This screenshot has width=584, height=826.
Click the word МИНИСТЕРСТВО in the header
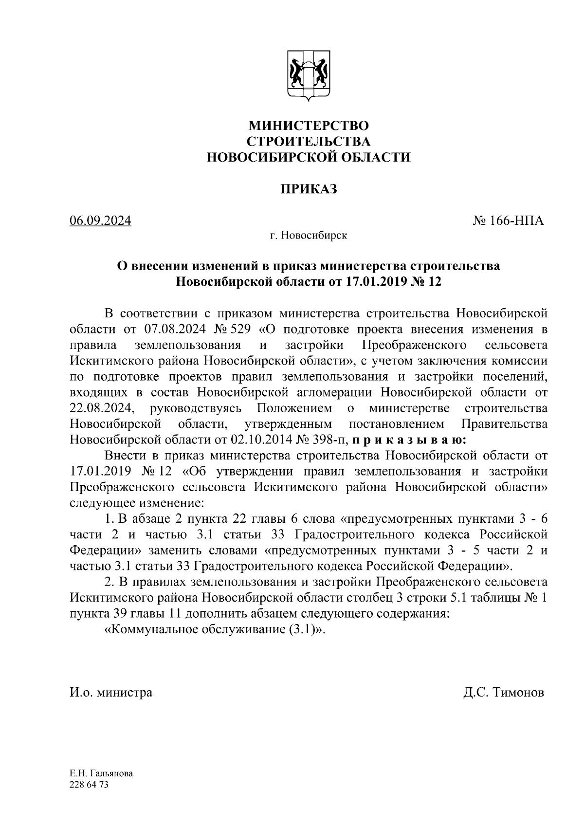pyautogui.click(x=309, y=126)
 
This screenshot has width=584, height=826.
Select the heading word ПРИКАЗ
pyautogui.click(x=309, y=189)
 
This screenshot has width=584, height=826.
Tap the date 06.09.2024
pyautogui.click(x=101, y=221)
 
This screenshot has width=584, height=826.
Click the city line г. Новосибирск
pyautogui.click(x=309, y=236)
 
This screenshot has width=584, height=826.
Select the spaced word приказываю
pyautogui.click(x=409, y=440)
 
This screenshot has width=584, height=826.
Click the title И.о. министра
pyautogui.click(x=111, y=692)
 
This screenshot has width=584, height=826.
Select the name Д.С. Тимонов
pyautogui.click(x=504, y=692)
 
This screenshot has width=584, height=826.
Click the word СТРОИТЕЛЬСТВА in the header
pyautogui.click(x=309, y=142)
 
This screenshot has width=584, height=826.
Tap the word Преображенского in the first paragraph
pyautogui.click(x=415, y=345)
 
